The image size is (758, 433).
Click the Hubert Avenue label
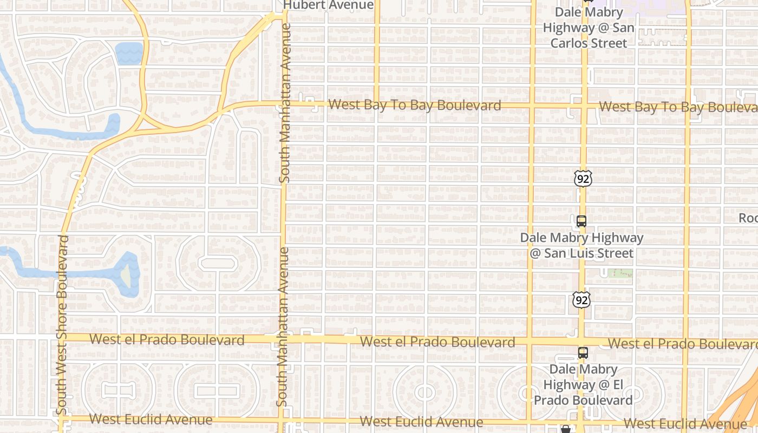[329, 5]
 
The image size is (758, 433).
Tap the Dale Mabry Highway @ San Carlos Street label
[589, 28]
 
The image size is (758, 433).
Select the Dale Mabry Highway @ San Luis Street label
[582, 245]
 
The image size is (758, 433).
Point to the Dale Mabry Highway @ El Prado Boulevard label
[583, 384]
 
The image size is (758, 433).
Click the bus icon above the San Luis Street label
[581, 221]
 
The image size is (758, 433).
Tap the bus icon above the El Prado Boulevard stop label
[583, 352]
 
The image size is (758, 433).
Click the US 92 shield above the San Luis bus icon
[583, 178]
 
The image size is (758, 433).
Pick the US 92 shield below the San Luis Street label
[582, 299]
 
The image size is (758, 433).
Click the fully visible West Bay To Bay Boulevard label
[415, 105]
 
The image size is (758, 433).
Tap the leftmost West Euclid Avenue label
[151, 419]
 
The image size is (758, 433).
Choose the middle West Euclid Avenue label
[421, 421]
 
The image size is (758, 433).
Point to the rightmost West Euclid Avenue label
[685, 423]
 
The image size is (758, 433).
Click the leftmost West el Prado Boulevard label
[167, 340]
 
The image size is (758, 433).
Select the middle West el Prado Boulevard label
[437, 342]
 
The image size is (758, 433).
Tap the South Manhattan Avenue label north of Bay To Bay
[285, 103]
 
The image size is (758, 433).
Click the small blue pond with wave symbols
[129, 54]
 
